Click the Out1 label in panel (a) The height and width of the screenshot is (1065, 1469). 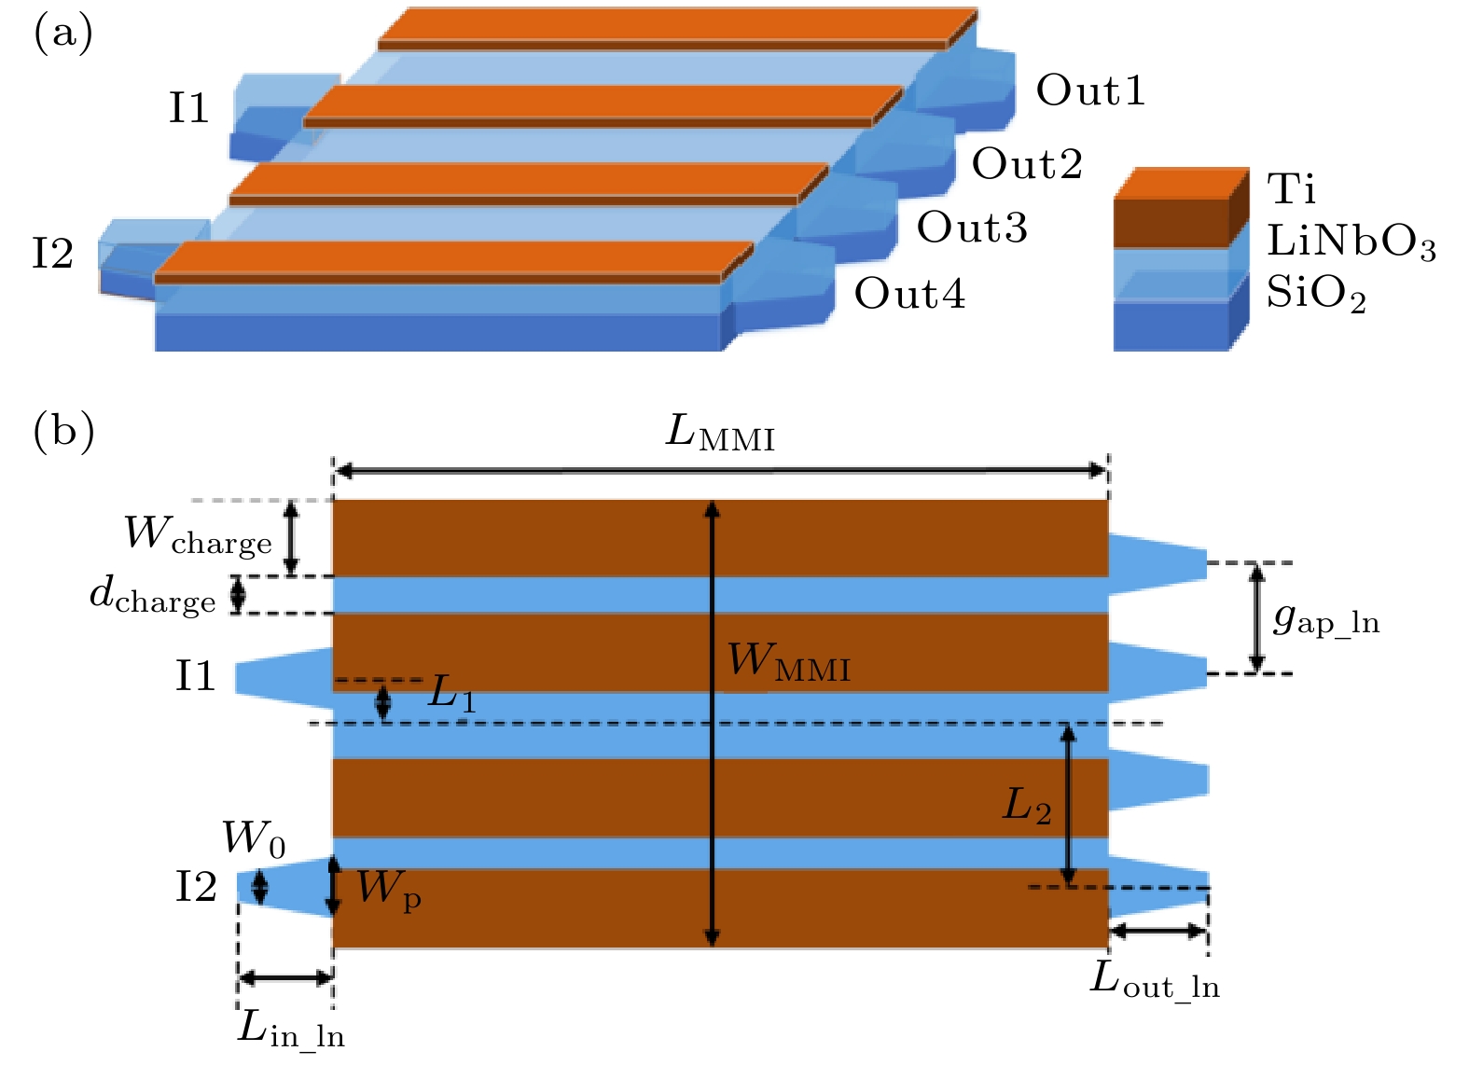click(x=1090, y=90)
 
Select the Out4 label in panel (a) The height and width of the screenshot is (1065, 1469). click(x=909, y=294)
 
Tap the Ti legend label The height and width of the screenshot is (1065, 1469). click(x=1291, y=188)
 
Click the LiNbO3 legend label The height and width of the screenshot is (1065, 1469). click(x=1351, y=242)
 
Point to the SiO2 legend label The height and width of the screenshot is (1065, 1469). click(x=1315, y=295)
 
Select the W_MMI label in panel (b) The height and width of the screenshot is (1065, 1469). click(x=788, y=661)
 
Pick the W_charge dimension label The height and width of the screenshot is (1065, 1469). click(x=198, y=534)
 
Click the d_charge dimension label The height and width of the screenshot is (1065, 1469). click(x=152, y=595)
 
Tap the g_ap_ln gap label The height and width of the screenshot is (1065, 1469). click(x=1325, y=619)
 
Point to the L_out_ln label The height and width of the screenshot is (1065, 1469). click(x=1155, y=980)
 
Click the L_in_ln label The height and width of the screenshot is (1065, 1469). click(x=291, y=1029)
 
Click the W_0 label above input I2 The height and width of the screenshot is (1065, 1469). click(x=253, y=838)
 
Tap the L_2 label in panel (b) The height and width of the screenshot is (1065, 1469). click(x=1026, y=805)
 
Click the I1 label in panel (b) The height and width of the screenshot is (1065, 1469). click(x=195, y=676)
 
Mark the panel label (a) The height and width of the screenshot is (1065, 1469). click(x=62, y=34)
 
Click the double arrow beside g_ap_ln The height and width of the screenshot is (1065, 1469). click(x=1256, y=617)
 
